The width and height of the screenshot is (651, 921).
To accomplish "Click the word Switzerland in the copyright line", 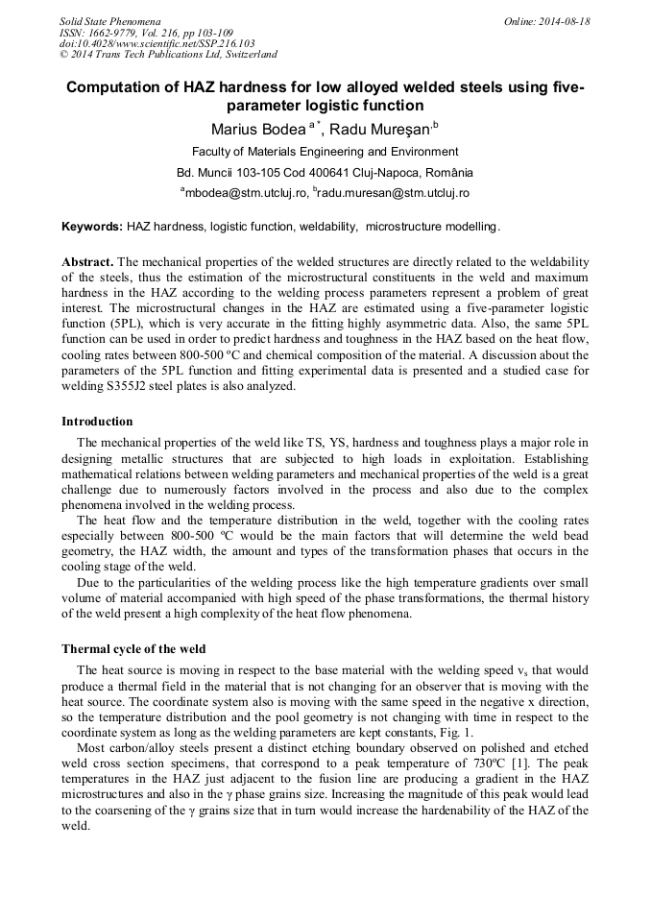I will (x=242, y=55).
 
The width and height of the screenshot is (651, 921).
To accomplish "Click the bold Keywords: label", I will (x=92, y=227).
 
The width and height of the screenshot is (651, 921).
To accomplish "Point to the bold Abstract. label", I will (x=87, y=261).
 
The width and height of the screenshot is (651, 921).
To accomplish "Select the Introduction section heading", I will (x=97, y=421).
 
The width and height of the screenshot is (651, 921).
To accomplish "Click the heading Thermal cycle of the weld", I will (x=133, y=649).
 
